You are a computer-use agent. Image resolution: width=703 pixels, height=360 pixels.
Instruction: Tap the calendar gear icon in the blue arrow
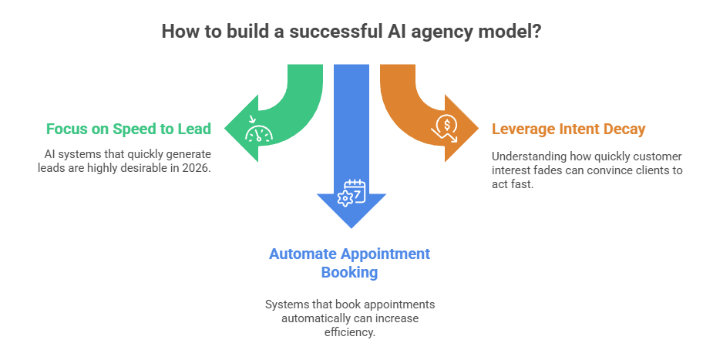[351, 192]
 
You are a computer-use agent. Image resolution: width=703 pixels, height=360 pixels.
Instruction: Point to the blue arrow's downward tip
[351, 227]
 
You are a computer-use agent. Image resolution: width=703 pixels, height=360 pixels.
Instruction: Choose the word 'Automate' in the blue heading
[300, 254]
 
